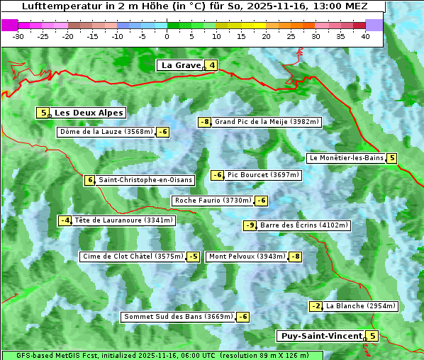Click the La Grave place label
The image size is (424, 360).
[181, 65]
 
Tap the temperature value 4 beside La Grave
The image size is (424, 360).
[211, 66]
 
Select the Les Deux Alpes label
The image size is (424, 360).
[89, 113]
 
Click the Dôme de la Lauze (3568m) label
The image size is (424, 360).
[106, 132]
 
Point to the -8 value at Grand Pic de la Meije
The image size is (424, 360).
[205, 122]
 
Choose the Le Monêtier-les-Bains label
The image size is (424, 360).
[345, 158]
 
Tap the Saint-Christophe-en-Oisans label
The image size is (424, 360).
[145, 180]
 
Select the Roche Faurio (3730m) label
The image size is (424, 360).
[213, 201]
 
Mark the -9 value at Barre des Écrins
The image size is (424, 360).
[250, 225]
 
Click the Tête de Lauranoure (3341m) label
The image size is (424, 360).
[123, 220]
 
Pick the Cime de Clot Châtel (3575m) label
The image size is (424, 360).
[133, 257]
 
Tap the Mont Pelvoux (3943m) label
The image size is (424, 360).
[247, 257]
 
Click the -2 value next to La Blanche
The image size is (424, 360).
[316, 306]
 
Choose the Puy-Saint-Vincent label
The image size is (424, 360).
[321, 336]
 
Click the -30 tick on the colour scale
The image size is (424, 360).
[19, 36]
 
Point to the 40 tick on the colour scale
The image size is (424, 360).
[365, 36]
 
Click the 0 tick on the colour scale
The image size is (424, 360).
[167, 36]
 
